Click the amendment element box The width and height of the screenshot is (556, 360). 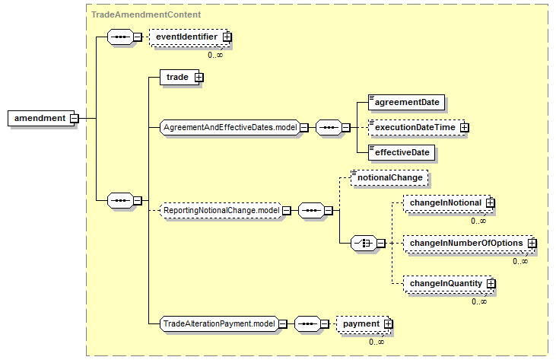[41, 118]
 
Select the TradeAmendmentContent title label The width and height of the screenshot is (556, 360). [146, 14]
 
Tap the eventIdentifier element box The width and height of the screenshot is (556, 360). [189, 37]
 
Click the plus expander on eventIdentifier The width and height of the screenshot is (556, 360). [227, 37]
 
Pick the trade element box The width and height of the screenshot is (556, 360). [180, 77]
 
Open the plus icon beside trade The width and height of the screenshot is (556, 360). [199, 78]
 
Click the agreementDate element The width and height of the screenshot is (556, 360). [406, 102]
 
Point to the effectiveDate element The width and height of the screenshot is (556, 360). [402, 152]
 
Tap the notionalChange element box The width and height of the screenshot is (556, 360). [389, 177]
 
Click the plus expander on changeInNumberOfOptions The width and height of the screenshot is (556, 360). [532, 244]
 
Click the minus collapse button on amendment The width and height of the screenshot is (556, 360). [74, 118]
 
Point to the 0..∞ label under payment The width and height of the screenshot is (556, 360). [376, 342]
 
